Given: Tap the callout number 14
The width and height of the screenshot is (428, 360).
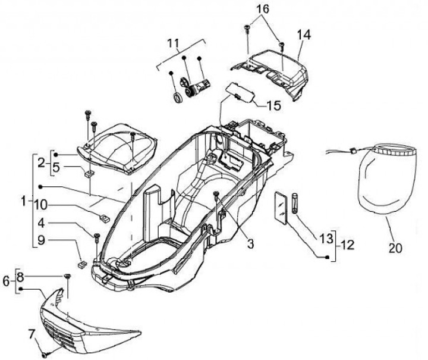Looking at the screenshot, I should tap(304, 35).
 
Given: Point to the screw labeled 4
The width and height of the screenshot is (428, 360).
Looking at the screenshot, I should tap(96, 238).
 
